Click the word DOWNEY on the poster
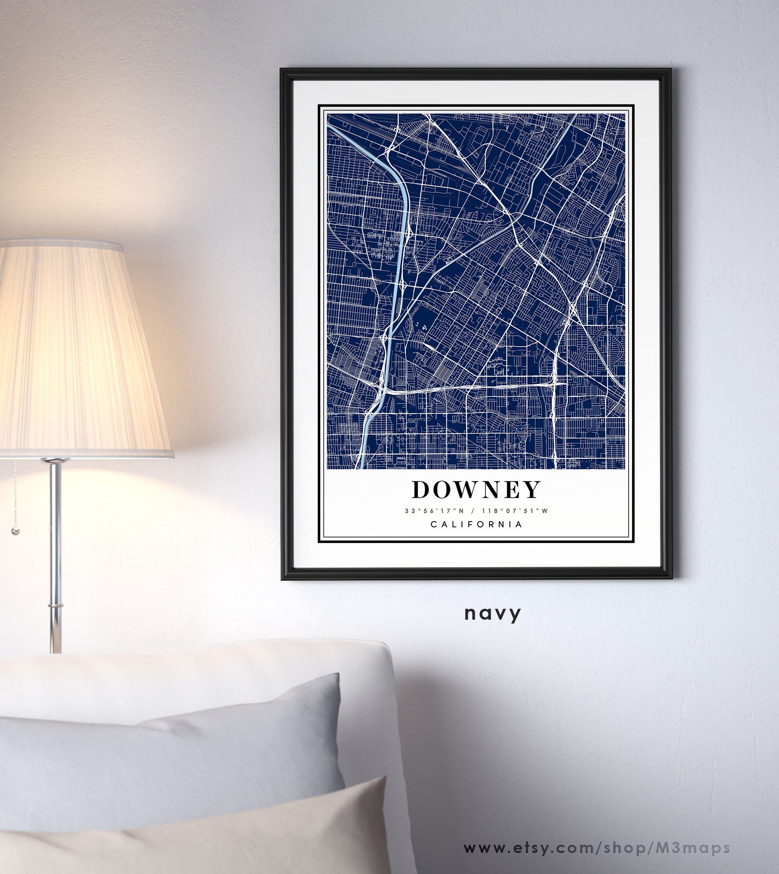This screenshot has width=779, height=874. [x=476, y=490]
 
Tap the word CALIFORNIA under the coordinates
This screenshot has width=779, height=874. [x=476, y=524]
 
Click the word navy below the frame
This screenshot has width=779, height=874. [x=493, y=613]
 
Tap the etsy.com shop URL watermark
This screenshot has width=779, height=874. [x=597, y=848]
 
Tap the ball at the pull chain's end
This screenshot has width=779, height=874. [x=16, y=531]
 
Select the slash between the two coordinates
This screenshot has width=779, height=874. [x=473, y=511]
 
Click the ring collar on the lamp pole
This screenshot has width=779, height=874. [x=56, y=606]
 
